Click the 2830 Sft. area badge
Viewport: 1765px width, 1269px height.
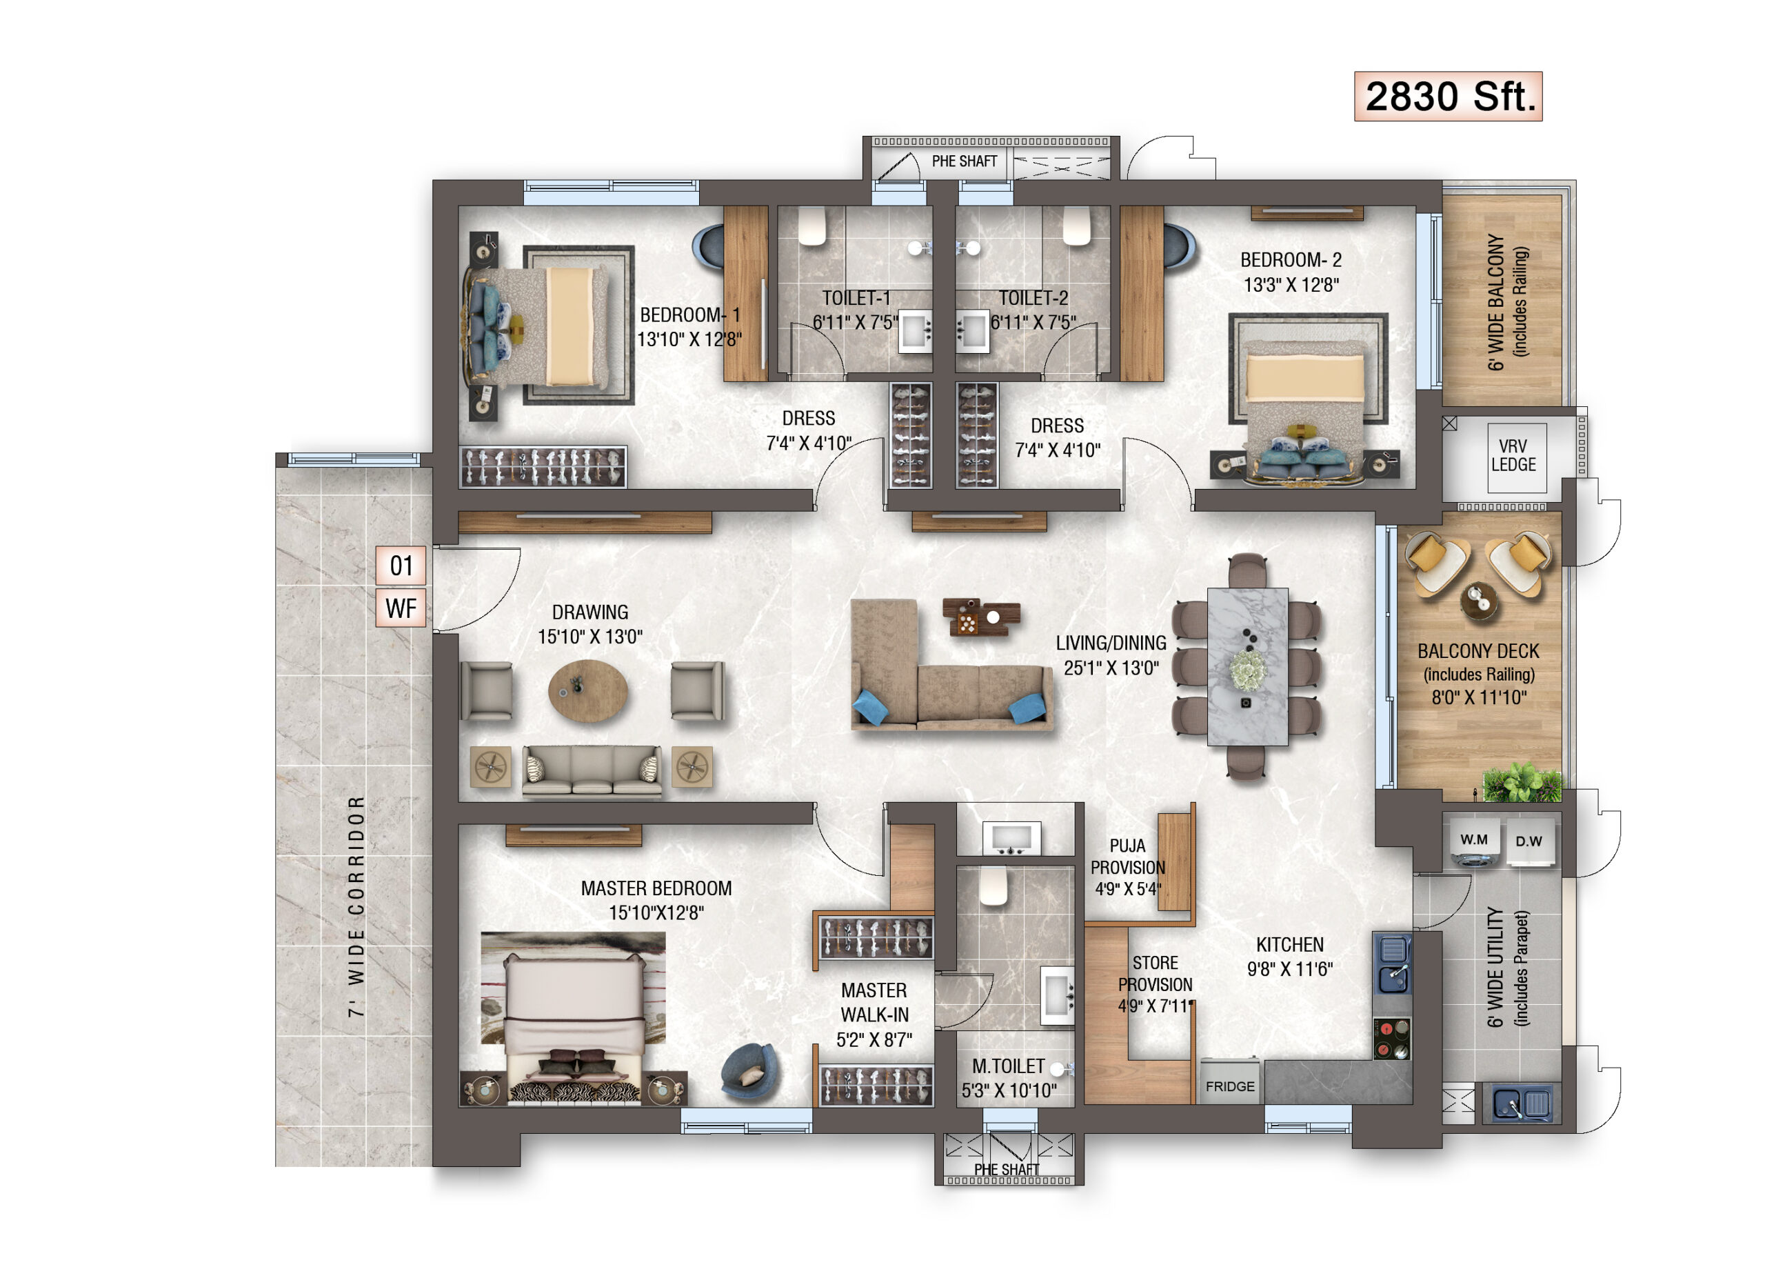pyautogui.click(x=1449, y=97)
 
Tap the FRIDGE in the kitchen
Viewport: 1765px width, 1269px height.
pyautogui.click(x=1231, y=1082)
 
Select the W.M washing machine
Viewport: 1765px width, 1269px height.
pyautogui.click(x=1473, y=841)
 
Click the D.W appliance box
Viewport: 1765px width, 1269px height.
pyautogui.click(x=1529, y=841)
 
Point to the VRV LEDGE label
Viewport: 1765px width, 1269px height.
pyautogui.click(x=1513, y=455)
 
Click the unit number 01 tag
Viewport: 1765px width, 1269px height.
pyautogui.click(x=401, y=566)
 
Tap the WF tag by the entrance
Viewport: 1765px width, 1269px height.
pyautogui.click(x=401, y=608)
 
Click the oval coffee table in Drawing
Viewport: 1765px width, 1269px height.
pyautogui.click(x=587, y=690)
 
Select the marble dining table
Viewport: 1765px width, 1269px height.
pyautogui.click(x=1247, y=666)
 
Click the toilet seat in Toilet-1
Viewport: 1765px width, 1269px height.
pyautogui.click(x=811, y=226)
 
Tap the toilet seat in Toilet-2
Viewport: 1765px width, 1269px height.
pyautogui.click(x=1077, y=226)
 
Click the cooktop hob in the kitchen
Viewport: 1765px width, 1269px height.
pyautogui.click(x=1391, y=1039)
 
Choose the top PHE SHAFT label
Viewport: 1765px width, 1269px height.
pyautogui.click(x=965, y=161)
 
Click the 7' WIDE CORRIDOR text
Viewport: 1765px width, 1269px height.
pyautogui.click(x=356, y=906)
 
